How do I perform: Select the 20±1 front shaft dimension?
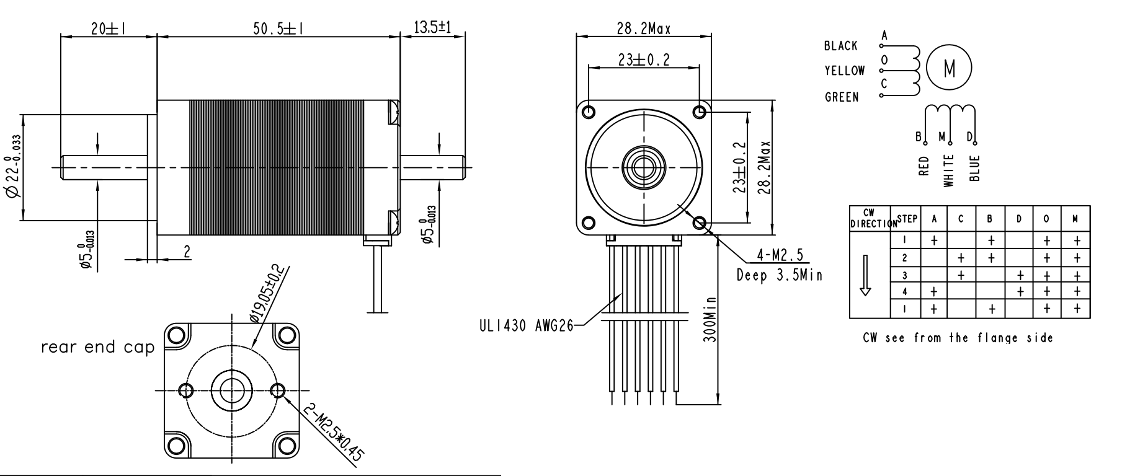pos(109,28)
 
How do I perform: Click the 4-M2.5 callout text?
pos(780,254)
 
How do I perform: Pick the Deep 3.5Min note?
pos(780,275)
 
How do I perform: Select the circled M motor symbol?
pos(949,68)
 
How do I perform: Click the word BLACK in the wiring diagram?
pos(840,46)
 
